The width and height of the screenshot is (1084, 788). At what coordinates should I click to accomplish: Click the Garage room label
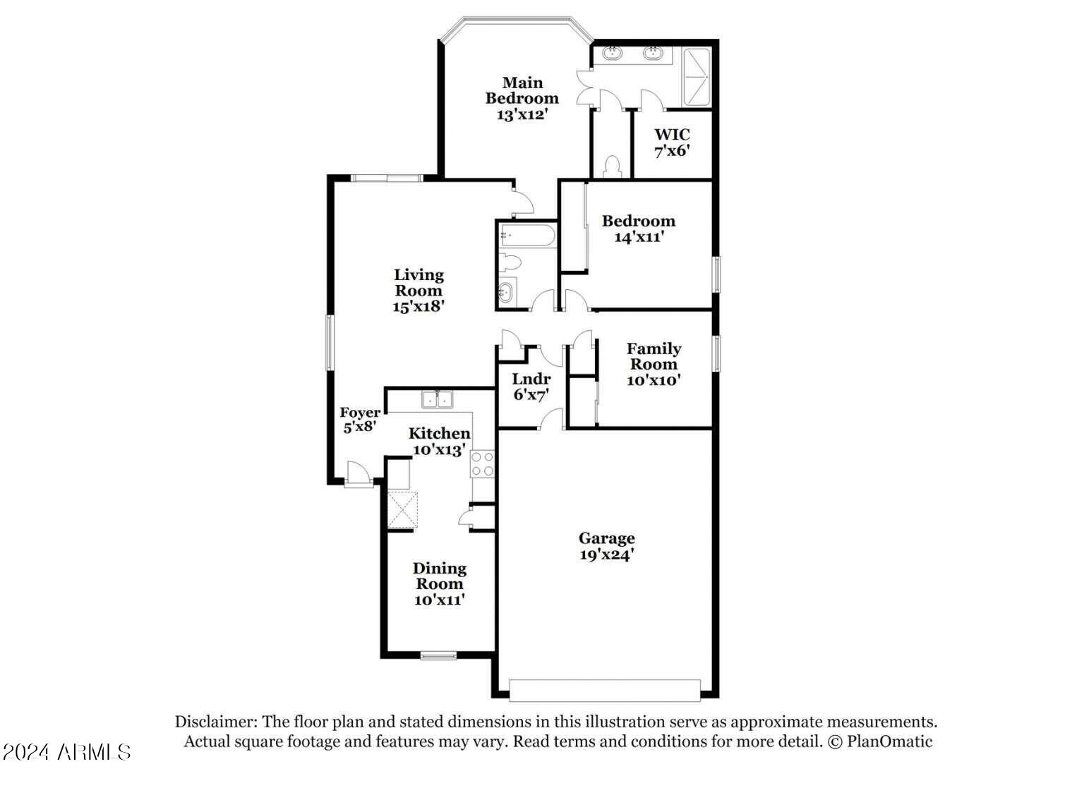tap(607, 539)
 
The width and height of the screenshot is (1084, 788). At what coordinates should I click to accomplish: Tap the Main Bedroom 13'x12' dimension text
tap(522, 114)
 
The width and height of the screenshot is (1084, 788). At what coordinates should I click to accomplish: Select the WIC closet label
tap(672, 134)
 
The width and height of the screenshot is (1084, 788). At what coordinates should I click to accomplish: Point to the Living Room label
tap(418, 282)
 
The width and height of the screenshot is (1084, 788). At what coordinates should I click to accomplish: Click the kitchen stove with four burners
tap(483, 464)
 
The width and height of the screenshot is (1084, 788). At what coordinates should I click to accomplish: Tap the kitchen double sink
tap(438, 399)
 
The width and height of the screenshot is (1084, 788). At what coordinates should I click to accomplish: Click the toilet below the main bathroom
tap(612, 167)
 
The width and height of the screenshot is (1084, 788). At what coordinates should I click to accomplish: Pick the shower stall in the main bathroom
tap(696, 76)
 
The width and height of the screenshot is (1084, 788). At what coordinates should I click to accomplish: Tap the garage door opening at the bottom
tap(605, 690)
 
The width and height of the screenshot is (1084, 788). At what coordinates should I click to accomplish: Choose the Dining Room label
tap(440, 576)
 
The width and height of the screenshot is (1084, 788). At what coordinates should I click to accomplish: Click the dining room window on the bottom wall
tap(438, 656)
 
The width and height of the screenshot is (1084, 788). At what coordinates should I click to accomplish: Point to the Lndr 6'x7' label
tap(531, 387)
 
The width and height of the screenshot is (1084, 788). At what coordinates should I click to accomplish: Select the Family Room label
tap(654, 356)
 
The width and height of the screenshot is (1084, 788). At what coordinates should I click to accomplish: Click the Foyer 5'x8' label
tap(360, 420)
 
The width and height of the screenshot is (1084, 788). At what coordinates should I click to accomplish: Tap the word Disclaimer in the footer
tap(216, 722)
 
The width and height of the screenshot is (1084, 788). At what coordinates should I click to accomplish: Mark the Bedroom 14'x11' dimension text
tap(639, 237)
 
